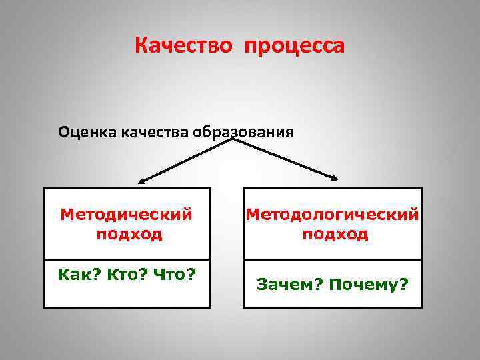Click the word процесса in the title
pyautogui.click(x=294, y=47)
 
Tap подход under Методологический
pyautogui.click(x=335, y=234)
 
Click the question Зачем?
pyautogui.click(x=290, y=285)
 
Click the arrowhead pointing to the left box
pyautogui.click(x=142, y=181)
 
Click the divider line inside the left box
pyautogui.click(x=127, y=259)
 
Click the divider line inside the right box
pyautogui.click(x=333, y=259)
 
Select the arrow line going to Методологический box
pyautogui.click(x=283, y=159)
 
